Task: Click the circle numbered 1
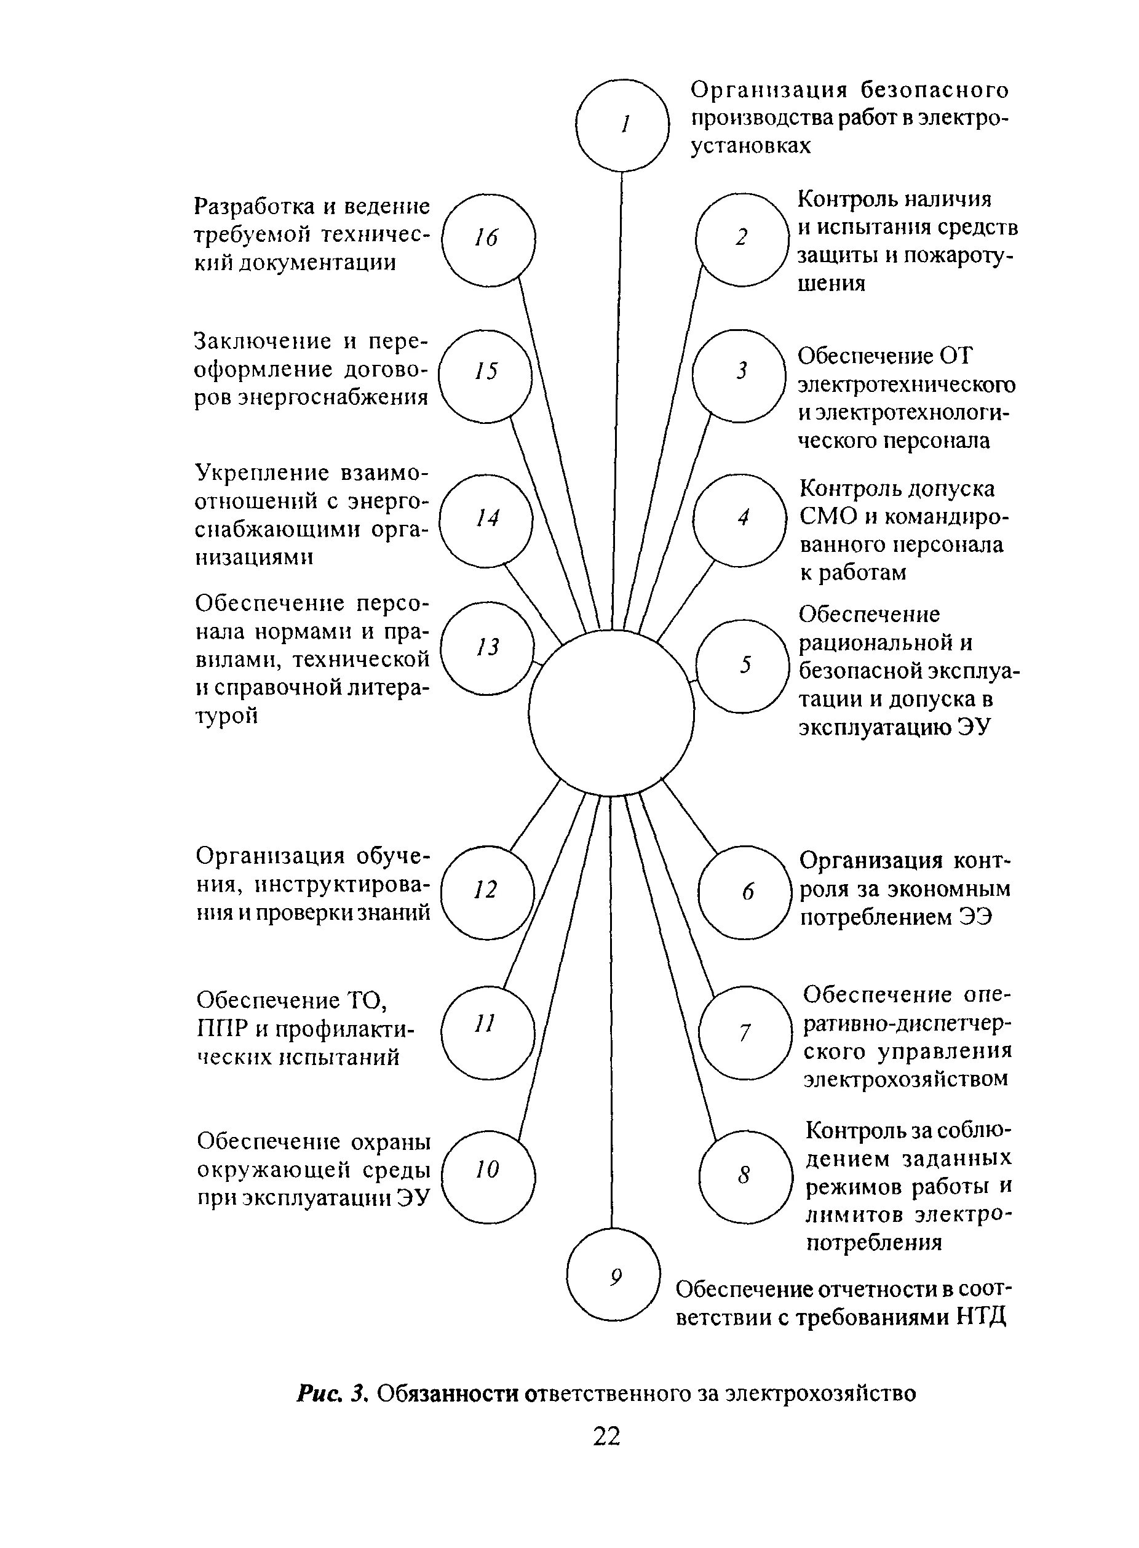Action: (622, 125)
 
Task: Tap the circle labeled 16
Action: (488, 239)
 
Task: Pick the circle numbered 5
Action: (742, 666)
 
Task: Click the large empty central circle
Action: (611, 713)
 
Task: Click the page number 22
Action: (607, 1437)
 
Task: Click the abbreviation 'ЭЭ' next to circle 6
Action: (975, 918)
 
